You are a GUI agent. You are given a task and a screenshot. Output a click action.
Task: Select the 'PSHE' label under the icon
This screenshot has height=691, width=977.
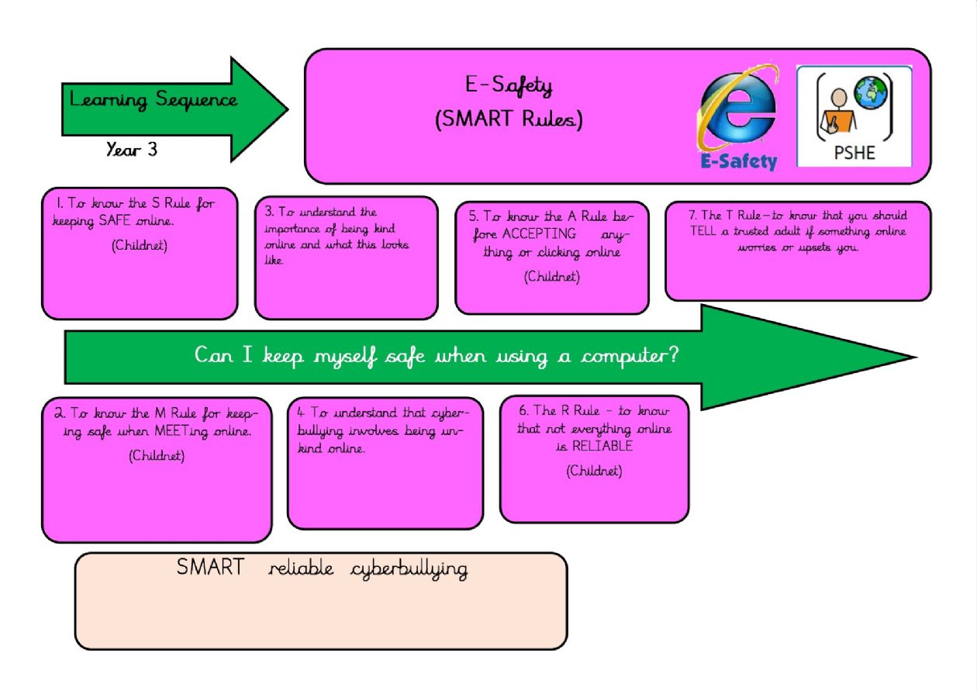(854, 152)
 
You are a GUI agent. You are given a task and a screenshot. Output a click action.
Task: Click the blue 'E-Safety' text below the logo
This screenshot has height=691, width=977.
(738, 161)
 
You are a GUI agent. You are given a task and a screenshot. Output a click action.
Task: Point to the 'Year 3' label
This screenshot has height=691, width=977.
(132, 150)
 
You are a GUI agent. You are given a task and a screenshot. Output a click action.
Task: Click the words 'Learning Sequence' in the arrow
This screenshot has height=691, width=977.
(154, 100)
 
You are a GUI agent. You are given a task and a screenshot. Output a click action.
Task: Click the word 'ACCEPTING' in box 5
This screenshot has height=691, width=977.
(539, 233)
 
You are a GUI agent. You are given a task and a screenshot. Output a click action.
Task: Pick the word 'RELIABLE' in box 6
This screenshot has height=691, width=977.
(602, 446)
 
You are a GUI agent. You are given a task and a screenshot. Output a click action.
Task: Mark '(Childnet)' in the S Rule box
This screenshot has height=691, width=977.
(140, 246)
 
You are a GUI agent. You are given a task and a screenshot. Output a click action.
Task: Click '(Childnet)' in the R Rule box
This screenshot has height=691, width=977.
(594, 470)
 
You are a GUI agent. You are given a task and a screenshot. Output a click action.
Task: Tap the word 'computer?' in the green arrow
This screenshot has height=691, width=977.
(630, 356)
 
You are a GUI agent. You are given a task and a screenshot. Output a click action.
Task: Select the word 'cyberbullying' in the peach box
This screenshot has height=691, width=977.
(409, 569)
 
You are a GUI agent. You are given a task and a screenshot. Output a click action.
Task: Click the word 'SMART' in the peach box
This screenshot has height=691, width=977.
(209, 568)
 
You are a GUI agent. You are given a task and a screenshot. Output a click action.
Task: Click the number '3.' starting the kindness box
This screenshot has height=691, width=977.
(269, 211)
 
